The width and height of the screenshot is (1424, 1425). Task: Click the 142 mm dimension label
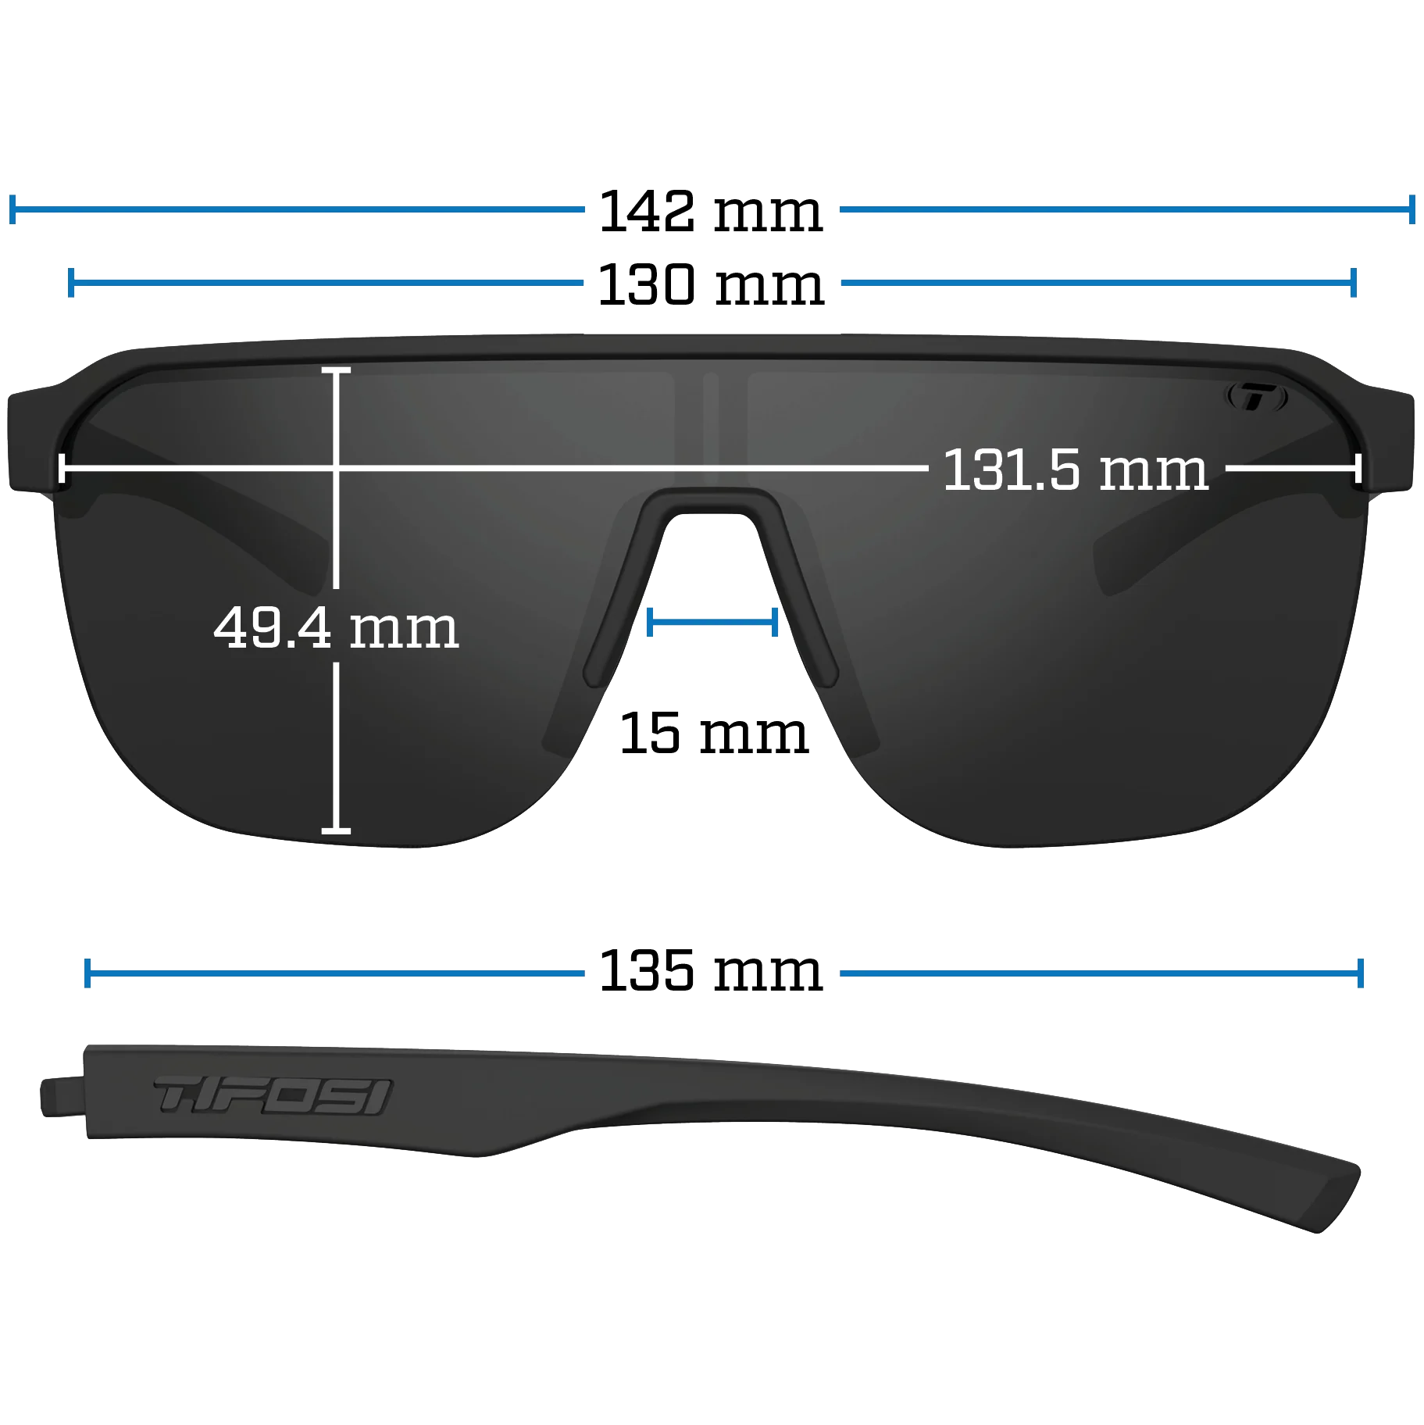711,211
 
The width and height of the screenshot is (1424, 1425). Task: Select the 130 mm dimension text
711,284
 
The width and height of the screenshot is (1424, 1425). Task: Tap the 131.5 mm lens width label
1076,470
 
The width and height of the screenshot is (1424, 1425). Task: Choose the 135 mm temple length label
711,971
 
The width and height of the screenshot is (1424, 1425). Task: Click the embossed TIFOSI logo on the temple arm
273,1095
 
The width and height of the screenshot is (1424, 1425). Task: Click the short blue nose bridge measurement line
712,622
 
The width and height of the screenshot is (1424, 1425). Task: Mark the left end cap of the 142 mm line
12,209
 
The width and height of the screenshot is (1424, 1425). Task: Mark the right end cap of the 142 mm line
1412,209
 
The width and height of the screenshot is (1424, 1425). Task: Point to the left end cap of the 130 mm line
71,283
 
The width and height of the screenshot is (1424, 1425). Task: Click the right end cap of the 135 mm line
1361,973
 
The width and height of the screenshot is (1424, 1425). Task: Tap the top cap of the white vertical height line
336,370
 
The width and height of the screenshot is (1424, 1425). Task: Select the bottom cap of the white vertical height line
336,830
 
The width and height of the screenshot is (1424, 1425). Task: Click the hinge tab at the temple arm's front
62,1096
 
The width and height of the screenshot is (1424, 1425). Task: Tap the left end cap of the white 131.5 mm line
62,469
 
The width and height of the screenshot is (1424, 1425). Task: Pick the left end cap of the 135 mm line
87,973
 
